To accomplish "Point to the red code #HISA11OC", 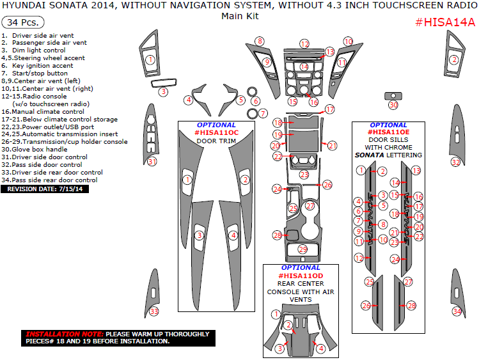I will [x=217, y=132].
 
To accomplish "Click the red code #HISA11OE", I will [x=388, y=132].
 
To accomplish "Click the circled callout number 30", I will [x=393, y=105].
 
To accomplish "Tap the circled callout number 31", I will [x=152, y=162].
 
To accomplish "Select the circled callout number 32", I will [x=455, y=162].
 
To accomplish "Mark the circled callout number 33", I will [x=153, y=311].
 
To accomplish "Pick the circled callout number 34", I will [x=457, y=311].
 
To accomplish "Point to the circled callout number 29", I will [x=302, y=249].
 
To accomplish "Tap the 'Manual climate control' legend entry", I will [x=47, y=111].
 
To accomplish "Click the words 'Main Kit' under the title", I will [x=239, y=17].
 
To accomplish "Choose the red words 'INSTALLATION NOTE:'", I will [x=64, y=334].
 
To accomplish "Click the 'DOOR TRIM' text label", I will [x=216, y=141].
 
